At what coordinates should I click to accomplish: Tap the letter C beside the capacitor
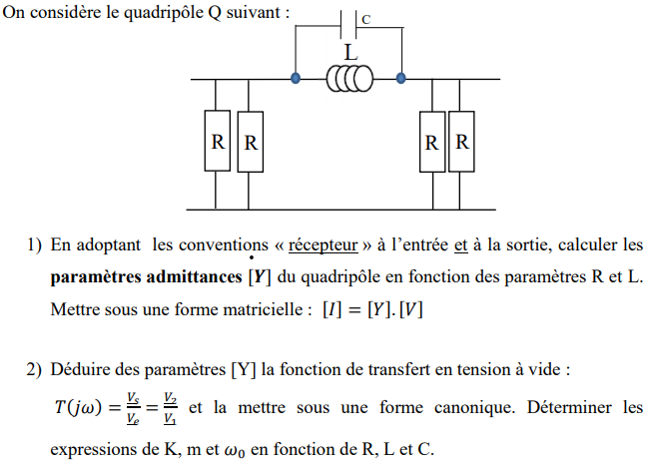(366, 19)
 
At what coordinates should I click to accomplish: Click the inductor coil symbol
(349, 78)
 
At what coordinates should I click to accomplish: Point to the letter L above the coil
(349, 52)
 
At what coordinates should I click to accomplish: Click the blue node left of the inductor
(296, 77)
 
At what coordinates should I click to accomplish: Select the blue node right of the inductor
(400, 77)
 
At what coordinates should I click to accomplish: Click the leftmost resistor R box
(218, 143)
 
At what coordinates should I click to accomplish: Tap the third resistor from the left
(432, 143)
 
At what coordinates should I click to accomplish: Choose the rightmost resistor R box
(462, 143)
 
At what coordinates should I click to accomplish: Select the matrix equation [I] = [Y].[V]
(371, 309)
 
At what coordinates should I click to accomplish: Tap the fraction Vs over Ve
(134, 410)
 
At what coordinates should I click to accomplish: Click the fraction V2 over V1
(170, 410)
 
